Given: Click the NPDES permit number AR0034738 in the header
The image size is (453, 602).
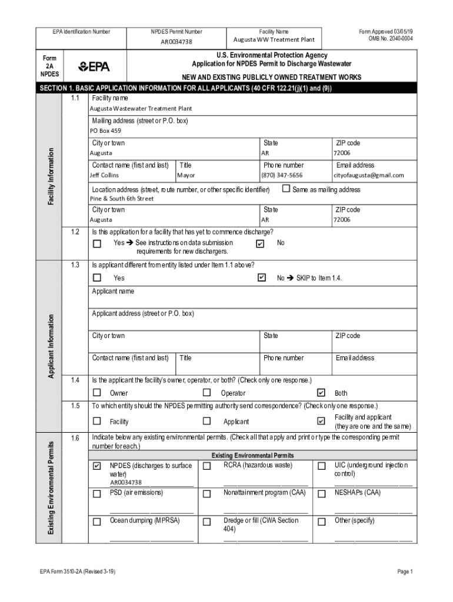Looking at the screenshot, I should pyautogui.click(x=176, y=42).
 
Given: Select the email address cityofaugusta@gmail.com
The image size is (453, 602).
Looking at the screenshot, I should pyautogui.click(x=369, y=175).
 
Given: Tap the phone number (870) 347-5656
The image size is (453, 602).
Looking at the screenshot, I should pyautogui.click(x=282, y=175).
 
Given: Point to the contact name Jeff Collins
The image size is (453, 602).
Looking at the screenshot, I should pyautogui.click(x=104, y=175).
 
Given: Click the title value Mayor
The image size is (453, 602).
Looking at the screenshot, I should pyautogui.click(x=186, y=175).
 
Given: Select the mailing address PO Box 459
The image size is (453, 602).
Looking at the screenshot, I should pyautogui.click(x=105, y=131).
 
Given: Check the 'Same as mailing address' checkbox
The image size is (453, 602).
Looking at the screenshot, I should pyautogui.click(x=287, y=189).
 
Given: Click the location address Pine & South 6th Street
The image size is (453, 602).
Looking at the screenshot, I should pyautogui.click(x=122, y=199).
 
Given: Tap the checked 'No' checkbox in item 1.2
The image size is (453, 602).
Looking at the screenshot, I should pyautogui.click(x=260, y=243).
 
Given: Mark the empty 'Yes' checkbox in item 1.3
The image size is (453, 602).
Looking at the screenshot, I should pyautogui.click(x=97, y=277).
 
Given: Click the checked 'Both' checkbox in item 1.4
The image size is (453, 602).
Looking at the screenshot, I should pyautogui.click(x=321, y=393).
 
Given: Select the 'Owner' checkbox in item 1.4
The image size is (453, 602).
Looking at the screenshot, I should pyautogui.click(x=97, y=393).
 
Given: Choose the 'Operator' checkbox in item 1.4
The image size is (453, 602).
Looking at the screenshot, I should pyautogui.click(x=206, y=393).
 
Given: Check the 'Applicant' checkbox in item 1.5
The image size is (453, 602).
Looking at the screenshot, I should pyautogui.click(x=206, y=421).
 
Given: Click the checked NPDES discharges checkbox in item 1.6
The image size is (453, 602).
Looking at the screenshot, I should pyautogui.click(x=97, y=466).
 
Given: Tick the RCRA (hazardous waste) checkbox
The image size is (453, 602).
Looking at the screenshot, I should pyautogui.click(x=206, y=466).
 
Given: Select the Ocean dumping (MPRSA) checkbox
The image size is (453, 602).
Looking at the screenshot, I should pyautogui.click(x=97, y=521).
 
